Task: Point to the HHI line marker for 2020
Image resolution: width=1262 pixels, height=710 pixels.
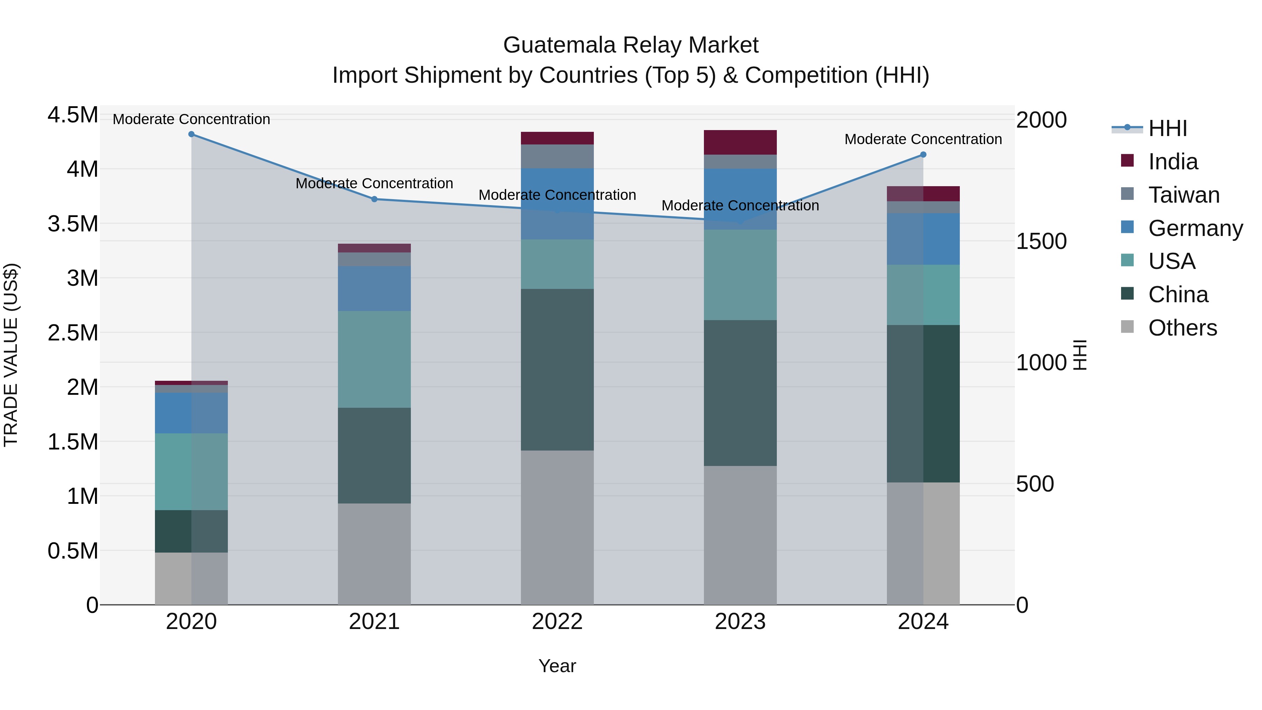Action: tap(191, 134)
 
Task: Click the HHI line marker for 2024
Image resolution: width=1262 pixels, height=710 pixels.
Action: tap(923, 155)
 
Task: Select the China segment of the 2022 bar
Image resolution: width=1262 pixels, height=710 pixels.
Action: tap(557, 370)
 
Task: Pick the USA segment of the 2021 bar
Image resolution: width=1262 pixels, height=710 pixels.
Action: tap(374, 359)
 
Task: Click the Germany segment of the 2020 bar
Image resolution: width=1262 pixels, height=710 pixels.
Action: tap(191, 413)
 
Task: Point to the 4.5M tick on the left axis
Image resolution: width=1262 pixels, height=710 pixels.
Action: tap(73, 116)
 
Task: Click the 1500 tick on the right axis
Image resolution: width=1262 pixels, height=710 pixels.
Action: tap(1041, 242)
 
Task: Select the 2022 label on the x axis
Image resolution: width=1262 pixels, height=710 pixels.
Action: tap(557, 622)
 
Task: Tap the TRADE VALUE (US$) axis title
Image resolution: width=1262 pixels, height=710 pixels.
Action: tap(11, 355)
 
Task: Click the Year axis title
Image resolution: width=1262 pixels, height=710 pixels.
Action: tap(557, 667)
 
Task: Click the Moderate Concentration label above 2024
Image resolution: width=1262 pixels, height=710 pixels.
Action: tap(923, 139)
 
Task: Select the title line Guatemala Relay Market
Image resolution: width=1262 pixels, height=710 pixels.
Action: tap(631, 45)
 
